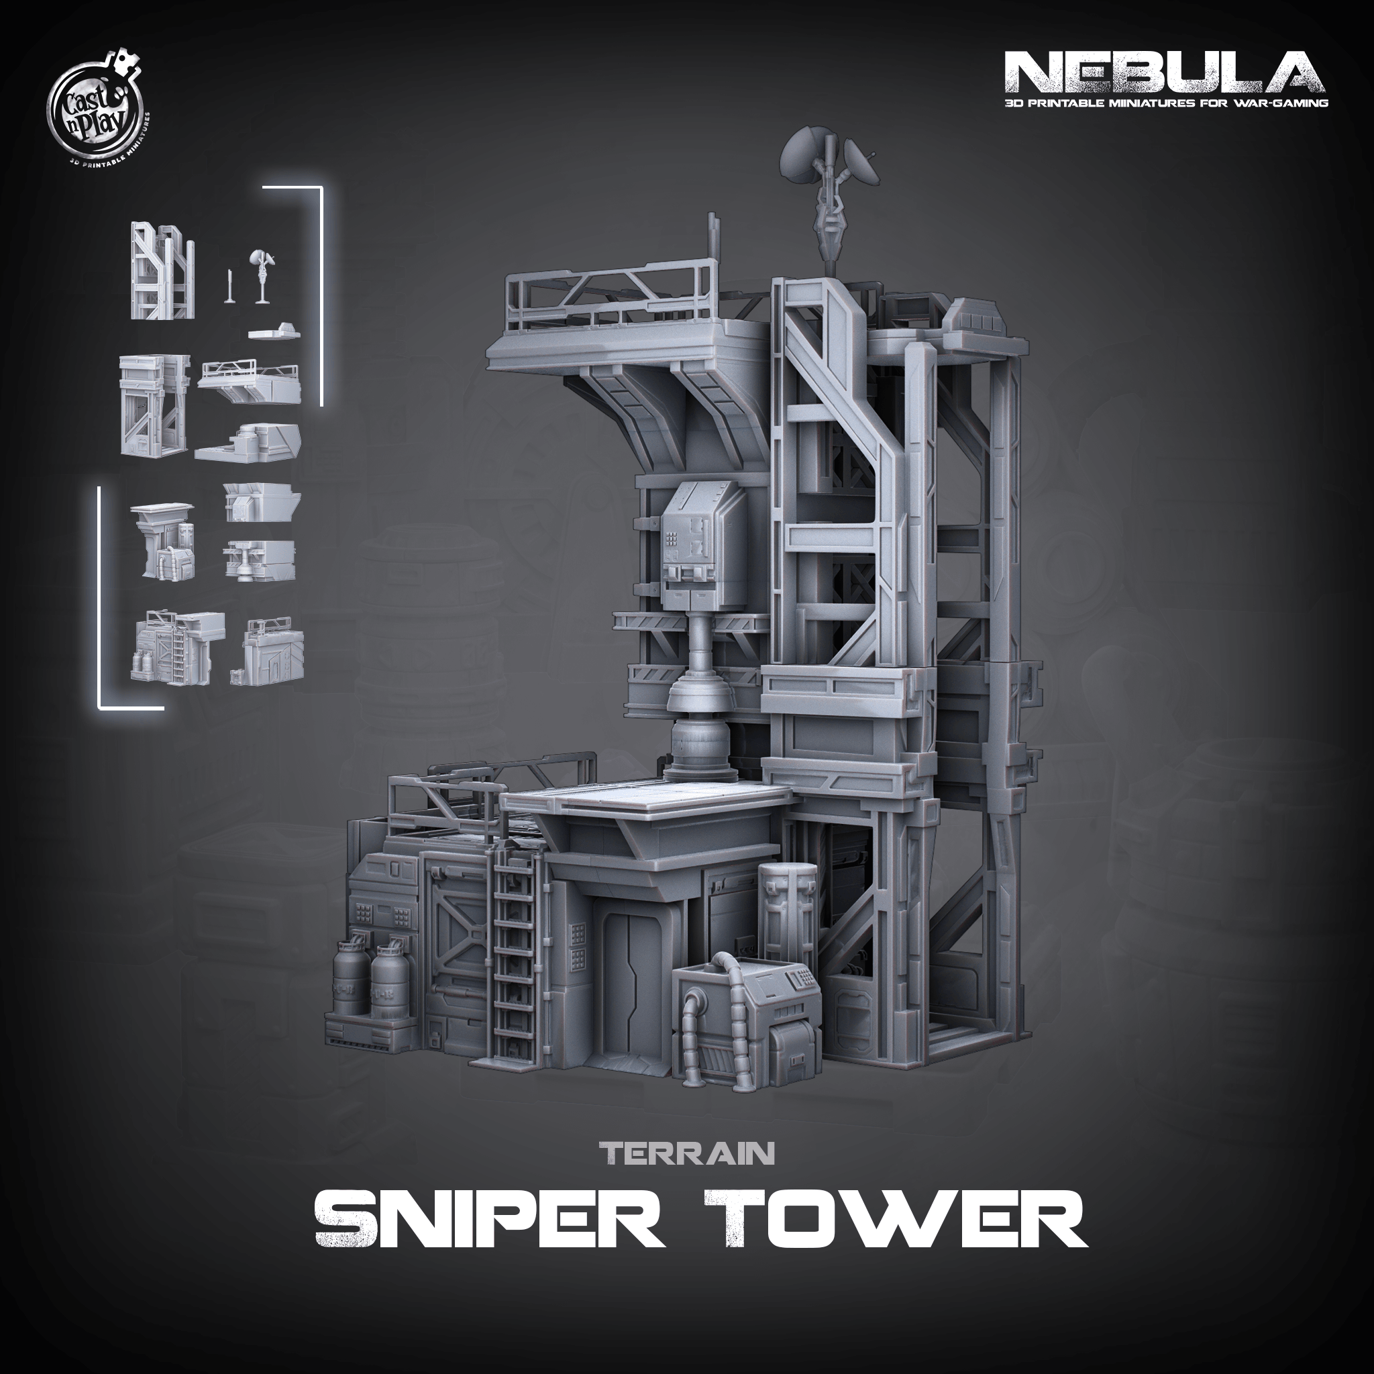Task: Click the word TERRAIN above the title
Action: [686, 1153]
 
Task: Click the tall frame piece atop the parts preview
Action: [163, 270]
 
